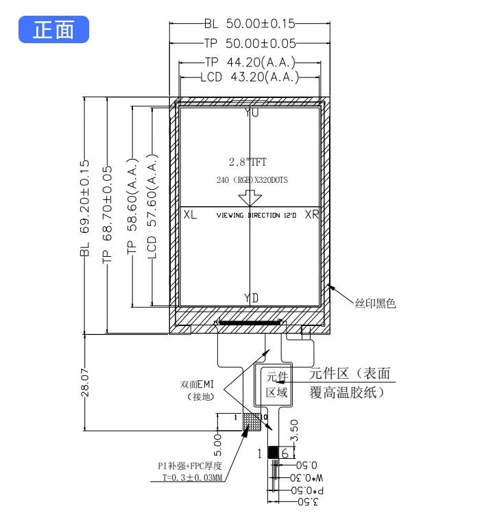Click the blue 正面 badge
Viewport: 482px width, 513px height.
[53, 30]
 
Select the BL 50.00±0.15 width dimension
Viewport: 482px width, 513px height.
[249, 23]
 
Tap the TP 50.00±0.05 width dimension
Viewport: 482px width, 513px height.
[249, 42]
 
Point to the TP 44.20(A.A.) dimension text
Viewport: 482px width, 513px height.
[249, 62]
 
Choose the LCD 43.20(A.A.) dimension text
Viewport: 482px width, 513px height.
[249, 77]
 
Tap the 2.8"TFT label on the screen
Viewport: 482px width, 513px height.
[248, 162]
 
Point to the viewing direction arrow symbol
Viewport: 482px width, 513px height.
[249, 198]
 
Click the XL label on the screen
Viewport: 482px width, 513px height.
[191, 215]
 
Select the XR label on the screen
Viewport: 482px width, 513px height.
[312, 215]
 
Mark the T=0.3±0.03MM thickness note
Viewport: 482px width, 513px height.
[194, 479]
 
